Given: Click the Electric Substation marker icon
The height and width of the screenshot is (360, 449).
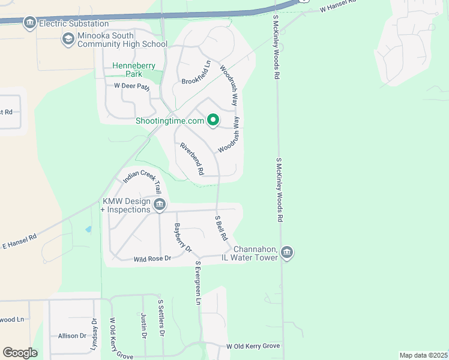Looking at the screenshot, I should (x=29, y=23).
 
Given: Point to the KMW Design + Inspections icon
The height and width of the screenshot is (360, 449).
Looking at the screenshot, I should (x=160, y=205).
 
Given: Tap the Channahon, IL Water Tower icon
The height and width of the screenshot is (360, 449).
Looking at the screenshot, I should (x=287, y=253).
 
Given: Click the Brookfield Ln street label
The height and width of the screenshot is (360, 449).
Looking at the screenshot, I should (x=196, y=73).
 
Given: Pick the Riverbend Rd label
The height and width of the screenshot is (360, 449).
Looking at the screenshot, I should (x=192, y=159).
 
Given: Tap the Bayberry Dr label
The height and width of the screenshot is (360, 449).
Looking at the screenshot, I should (x=182, y=238).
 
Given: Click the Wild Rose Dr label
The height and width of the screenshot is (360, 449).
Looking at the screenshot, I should (x=152, y=259).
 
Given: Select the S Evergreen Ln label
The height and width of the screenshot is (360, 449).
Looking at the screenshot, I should (x=197, y=282).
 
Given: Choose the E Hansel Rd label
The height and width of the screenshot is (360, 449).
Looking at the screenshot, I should (x=19, y=241).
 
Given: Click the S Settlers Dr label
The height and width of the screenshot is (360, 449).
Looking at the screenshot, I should (x=160, y=317).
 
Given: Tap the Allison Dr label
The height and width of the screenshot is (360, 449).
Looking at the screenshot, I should (x=72, y=336).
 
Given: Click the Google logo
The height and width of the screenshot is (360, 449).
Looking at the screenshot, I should (x=20, y=353).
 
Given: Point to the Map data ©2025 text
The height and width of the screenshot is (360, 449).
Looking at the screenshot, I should (x=423, y=355).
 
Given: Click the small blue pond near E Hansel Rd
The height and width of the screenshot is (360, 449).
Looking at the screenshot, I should (x=89, y=229).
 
